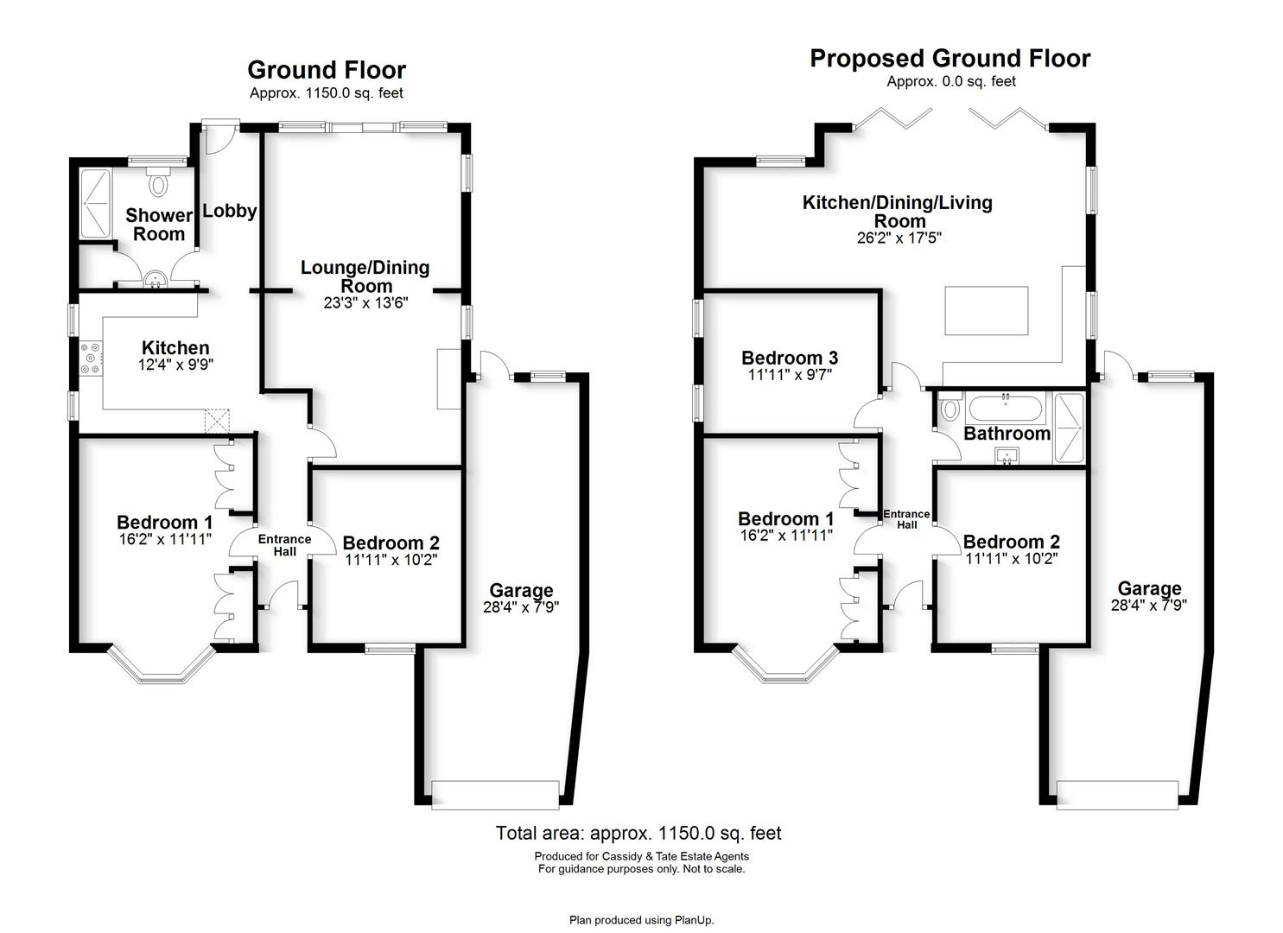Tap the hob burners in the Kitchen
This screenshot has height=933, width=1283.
(91, 358)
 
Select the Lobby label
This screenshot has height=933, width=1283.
(230, 211)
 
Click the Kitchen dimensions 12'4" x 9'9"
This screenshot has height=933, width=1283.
(176, 365)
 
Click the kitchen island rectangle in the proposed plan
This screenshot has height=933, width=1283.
(987, 310)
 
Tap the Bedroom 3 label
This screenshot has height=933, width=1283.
(790, 358)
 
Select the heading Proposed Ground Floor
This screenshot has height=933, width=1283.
(950, 59)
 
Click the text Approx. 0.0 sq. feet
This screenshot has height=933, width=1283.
(951, 82)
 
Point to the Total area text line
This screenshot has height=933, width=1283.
(638, 833)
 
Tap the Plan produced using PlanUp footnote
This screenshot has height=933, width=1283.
(641, 920)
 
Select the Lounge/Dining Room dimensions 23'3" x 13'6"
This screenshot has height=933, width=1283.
(366, 303)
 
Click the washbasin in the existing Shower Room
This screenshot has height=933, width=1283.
(154, 279)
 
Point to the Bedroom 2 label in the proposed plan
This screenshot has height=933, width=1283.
(1012, 542)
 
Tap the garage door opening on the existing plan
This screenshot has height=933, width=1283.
(495, 795)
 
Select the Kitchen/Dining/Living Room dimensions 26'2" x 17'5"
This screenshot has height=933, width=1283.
(899, 238)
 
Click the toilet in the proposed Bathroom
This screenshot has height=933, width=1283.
(950, 406)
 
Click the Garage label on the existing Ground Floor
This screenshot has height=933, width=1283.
(521, 590)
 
